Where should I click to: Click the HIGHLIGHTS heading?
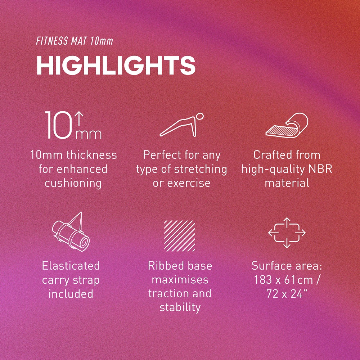[116, 65]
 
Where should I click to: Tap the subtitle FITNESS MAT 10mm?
[75, 41]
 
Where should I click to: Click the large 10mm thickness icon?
[73, 125]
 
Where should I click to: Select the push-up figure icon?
[181, 125]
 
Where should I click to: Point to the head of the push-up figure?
[200, 116]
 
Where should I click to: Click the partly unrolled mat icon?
[287, 125]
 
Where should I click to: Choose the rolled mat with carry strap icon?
[71, 231]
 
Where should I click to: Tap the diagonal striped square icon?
[180, 236]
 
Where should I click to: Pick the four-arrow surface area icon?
[287, 233]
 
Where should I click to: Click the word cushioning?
[73, 183]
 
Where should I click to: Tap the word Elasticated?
[71, 266]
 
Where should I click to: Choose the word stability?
[180, 308]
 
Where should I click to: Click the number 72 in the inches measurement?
[273, 294]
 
